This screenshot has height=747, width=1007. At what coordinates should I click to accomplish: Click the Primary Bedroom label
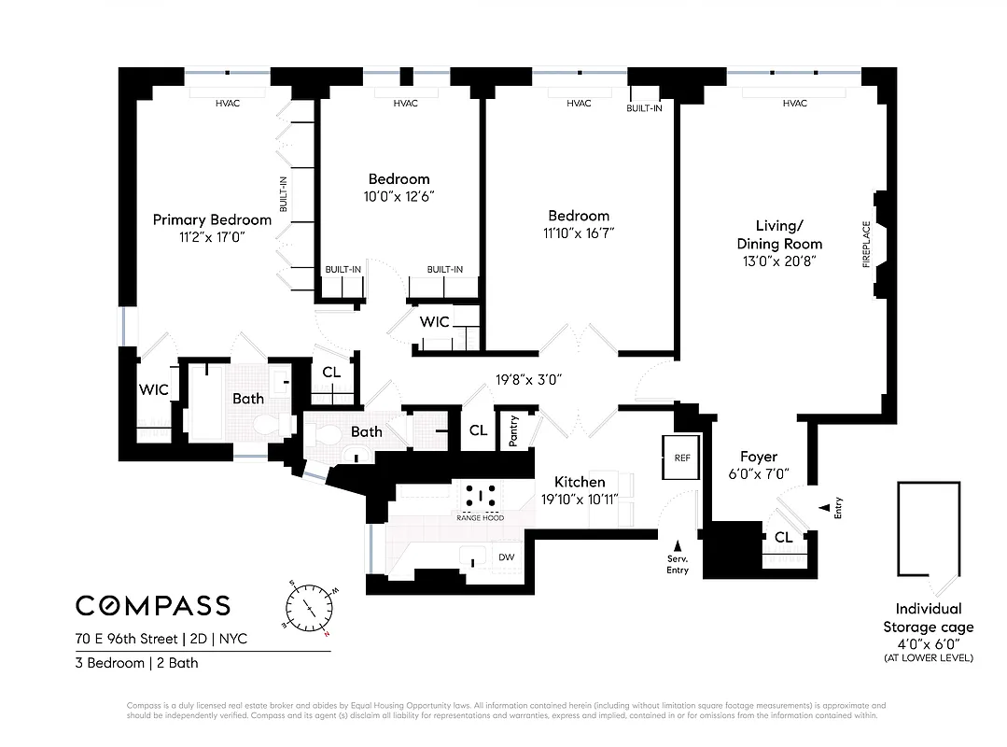pos(212,220)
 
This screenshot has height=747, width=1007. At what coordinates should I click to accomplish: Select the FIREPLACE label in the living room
pos(866,245)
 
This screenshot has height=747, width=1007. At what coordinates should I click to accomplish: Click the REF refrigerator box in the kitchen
pos(681,458)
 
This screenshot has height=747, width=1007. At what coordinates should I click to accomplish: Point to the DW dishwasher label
pos(507,557)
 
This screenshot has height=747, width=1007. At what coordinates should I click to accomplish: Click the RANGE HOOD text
pos(480,517)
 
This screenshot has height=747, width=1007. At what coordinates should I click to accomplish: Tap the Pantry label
pos(514,432)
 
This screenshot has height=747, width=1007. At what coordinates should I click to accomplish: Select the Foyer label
pos(758,457)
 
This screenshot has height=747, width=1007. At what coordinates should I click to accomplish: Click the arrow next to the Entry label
pos(823,508)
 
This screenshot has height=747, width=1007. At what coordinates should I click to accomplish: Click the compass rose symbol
pos(309,608)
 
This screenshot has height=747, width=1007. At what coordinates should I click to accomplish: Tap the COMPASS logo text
pos(153,605)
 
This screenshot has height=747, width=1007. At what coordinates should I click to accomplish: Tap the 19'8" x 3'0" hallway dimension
pos(527,380)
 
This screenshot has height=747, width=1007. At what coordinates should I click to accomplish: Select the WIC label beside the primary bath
pos(153,389)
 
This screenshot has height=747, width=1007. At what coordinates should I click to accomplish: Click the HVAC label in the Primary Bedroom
pos(228,103)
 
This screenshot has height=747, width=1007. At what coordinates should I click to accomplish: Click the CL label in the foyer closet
pos(783,537)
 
